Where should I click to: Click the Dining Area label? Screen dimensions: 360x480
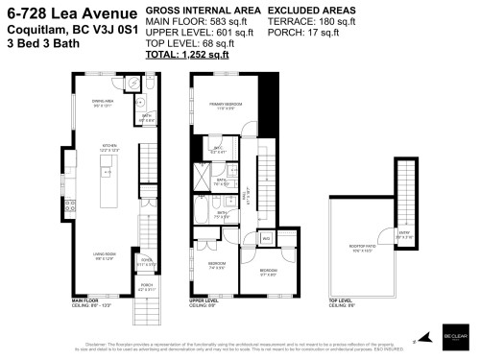click(x=99, y=103)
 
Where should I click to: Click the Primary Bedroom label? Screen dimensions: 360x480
click(x=226, y=108)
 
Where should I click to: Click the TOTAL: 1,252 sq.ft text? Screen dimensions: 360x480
click(x=186, y=56)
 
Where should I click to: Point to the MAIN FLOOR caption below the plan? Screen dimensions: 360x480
click(x=85, y=301)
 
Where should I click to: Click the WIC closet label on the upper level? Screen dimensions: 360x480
click(x=218, y=149)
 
